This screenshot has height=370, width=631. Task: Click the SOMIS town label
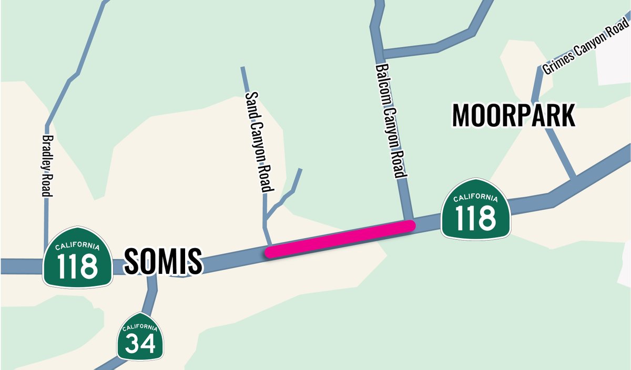(x=163, y=262)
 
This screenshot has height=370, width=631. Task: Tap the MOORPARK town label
(x=514, y=116)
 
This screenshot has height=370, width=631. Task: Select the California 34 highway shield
(x=139, y=337)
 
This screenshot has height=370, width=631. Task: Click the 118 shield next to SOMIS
(x=77, y=258)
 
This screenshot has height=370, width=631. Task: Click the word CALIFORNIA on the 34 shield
(x=139, y=328)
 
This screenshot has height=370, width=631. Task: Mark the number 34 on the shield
(x=140, y=344)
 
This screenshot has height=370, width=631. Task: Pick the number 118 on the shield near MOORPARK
(x=475, y=217)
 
